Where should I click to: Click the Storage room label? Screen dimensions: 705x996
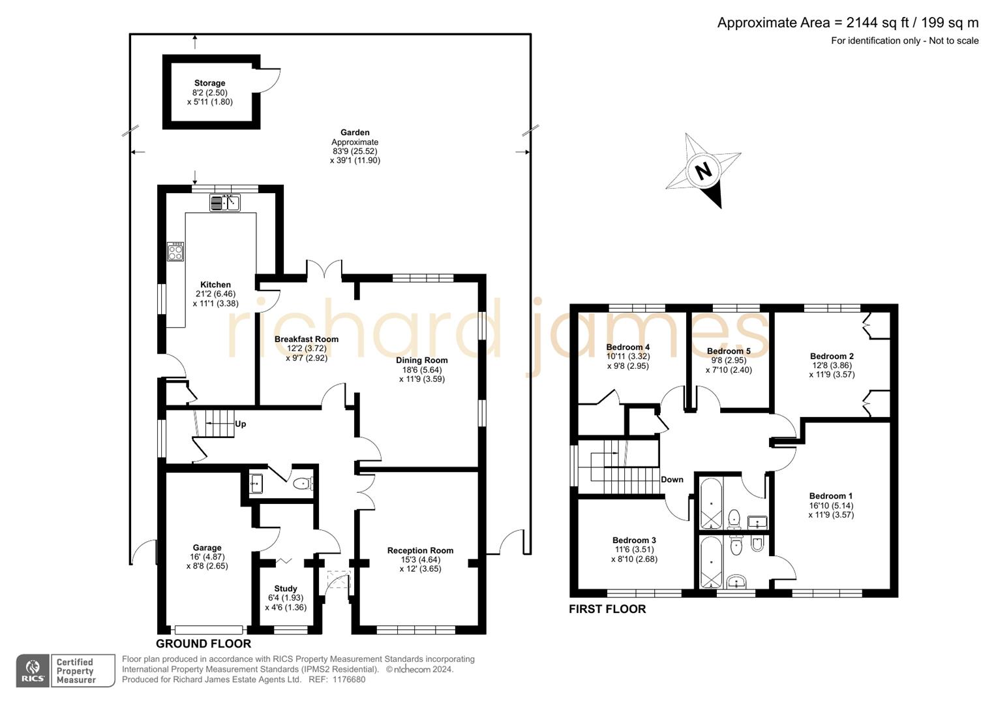[x=209, y=83]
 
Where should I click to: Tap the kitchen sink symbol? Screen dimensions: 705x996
[x=225, y=203]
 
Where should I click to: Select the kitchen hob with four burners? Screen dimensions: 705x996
[x=175, y=252]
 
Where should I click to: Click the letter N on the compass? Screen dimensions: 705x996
[x=702, y=171]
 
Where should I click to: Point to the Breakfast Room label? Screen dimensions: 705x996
[x=306, y=339]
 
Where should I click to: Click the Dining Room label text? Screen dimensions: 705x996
[x=421, y=360]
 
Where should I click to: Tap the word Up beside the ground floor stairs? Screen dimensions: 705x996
[x=240, y=424]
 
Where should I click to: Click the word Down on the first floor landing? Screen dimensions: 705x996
[x=672, y=479]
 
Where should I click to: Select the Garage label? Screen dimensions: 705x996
[x=207, y=548]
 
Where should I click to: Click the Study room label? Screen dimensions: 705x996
[x=286, y=588]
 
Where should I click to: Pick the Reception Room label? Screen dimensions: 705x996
[x=420, y=550]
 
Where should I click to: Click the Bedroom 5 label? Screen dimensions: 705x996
[x=729, y=351]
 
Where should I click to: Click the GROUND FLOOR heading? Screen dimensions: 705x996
[x=204, y=644]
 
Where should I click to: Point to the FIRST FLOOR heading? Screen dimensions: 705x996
[x=607, y=609]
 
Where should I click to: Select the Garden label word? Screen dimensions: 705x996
[x=355, y=133]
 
